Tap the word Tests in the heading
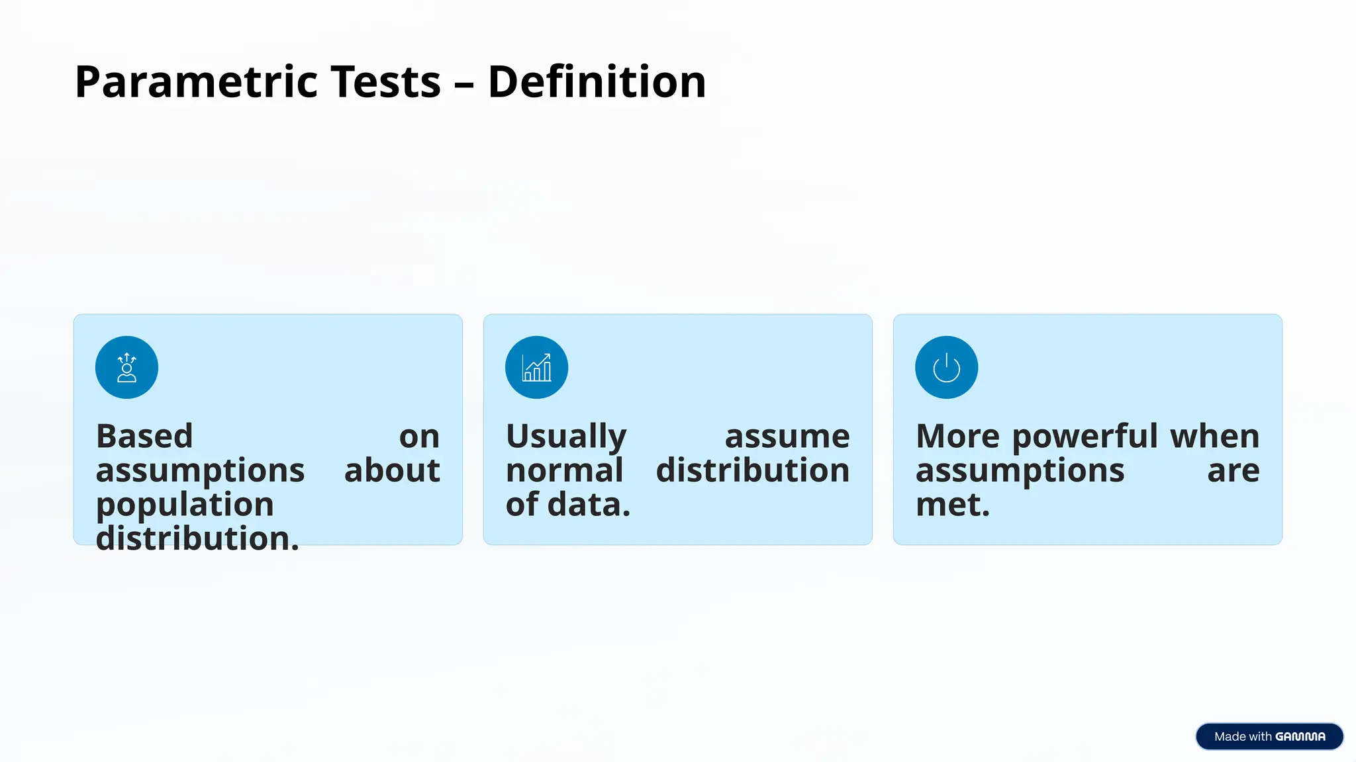click(x=385, y=82)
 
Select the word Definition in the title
click(x=597, y=82)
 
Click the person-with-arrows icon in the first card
click(x=126, y=368)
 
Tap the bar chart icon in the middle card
click(x=536, y=368)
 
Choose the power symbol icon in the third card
click(x=946, y=368)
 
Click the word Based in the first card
click(x=144, y=437)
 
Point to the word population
click(x=185, y=505)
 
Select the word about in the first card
click(x=392, y=470)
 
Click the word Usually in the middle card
click(x=566, y=437)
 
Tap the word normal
click(x=564, y=470)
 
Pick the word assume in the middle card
click(x=787, y=437)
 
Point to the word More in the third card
click(x=957, y=437)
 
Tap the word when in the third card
click(x=1214, y=437)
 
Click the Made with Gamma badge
click(x=1269, y=736)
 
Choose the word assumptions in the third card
click(x=1020, y=470)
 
